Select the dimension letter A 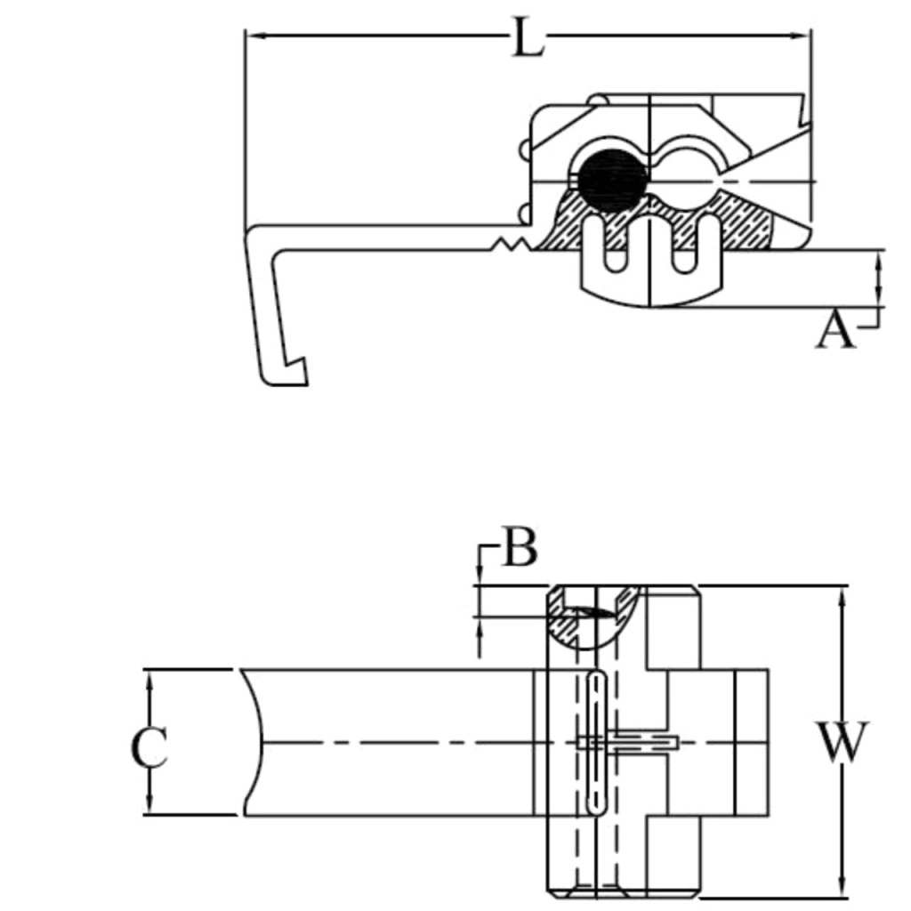click(x=834, y=331)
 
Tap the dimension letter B click(x=519, y=548)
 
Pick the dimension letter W click(x=842, y=743)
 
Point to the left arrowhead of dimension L click(x=254, y=36)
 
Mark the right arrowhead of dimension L click(x=802, y=36)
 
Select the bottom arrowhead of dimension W click(x=842, y=890)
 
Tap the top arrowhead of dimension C click(x=149, y=678)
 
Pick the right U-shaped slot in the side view click(x=683, y=249)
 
